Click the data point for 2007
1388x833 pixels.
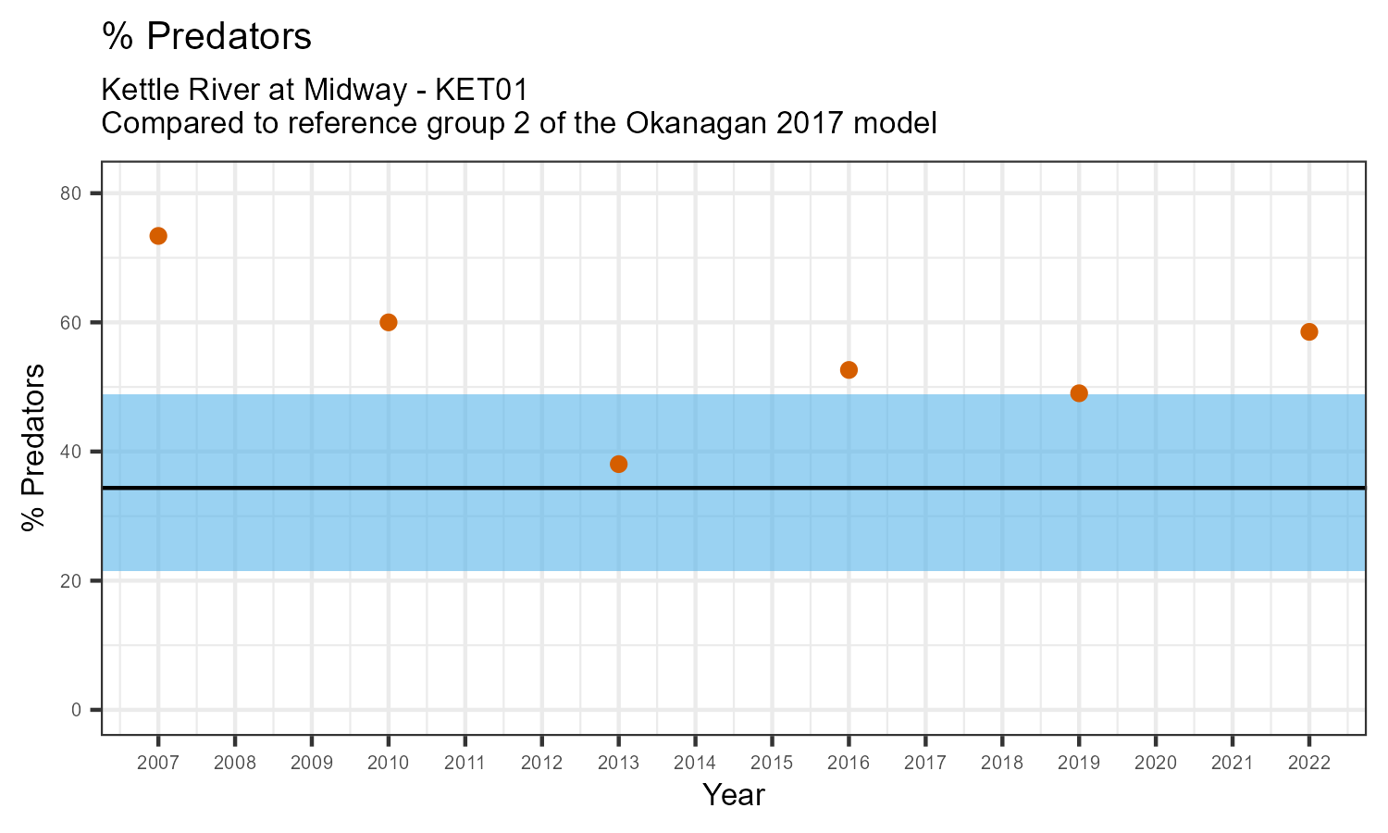[x=158, y=236]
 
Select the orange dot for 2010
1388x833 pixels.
[x=389, y=322]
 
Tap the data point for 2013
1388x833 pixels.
[x=619, y=464]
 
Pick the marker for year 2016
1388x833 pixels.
[x=849, y=370]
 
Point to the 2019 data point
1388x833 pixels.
[x=1079, y=393]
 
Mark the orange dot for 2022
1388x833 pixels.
[x=1309, y=332]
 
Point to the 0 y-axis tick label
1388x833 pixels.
[x=77, y=710]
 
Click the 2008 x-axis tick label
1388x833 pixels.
[x=235, y=764]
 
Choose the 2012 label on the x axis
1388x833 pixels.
[x=542, y=764]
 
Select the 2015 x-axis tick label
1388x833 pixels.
[x=772, y=764]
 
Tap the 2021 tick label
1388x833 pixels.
[x=1233, y=764]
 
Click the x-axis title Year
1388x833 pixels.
[x=734, y=795]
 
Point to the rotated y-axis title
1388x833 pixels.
[x=34, y=448]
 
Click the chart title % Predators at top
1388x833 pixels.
[x=206, y=37]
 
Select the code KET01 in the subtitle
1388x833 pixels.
[x=481, y=91]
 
